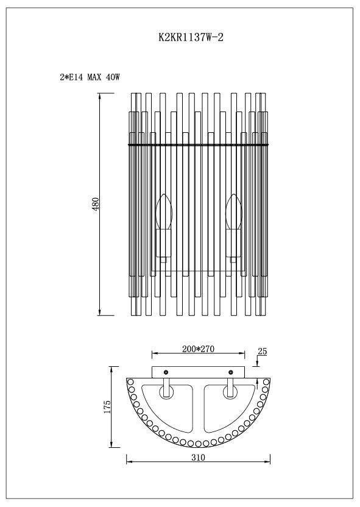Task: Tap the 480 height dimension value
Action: click(95, 205)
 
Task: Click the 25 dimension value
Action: click(263, 352)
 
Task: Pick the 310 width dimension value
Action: click(198, 456)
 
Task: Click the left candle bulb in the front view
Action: click(163, 210)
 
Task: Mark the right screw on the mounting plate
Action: click(230, 372)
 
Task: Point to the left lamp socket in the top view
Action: click(166, 388)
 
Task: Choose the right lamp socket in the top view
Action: click(230, 388)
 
